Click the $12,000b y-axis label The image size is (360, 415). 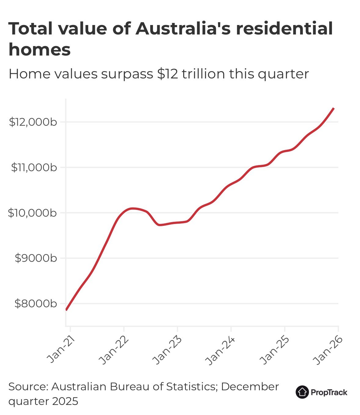point(33,122)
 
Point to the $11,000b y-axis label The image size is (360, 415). point(34,168)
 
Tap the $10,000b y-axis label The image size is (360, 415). point(32,213)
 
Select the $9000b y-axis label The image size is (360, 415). point(36,258)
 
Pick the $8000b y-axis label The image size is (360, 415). point(36,304)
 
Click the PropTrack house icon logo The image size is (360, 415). point(302,392)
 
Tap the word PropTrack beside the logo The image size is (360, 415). point(329,392)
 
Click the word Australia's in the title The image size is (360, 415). point(183,29)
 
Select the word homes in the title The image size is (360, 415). point(40,50)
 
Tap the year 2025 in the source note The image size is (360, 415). point(65,401)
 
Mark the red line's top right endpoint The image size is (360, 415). point(334,108)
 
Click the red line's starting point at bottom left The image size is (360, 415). point(67,310)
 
